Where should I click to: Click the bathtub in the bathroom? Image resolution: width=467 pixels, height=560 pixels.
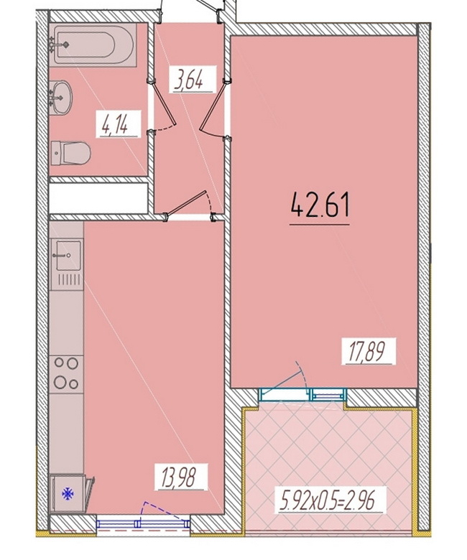tap(93, 45)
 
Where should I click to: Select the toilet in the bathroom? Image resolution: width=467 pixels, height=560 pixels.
tap(70, 153)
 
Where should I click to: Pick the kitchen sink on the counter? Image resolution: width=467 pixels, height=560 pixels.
tap(68, 255)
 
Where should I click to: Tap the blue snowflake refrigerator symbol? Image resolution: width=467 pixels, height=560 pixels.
tap(68, 494)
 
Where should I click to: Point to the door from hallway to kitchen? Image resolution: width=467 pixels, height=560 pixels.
tap(189, 206)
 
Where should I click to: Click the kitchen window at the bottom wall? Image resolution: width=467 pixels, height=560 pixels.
tap(143, 524)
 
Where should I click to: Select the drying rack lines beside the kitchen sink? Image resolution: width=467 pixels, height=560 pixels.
tap(69, 280)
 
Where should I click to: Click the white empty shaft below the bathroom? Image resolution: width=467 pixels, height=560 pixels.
tap(98, 198)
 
